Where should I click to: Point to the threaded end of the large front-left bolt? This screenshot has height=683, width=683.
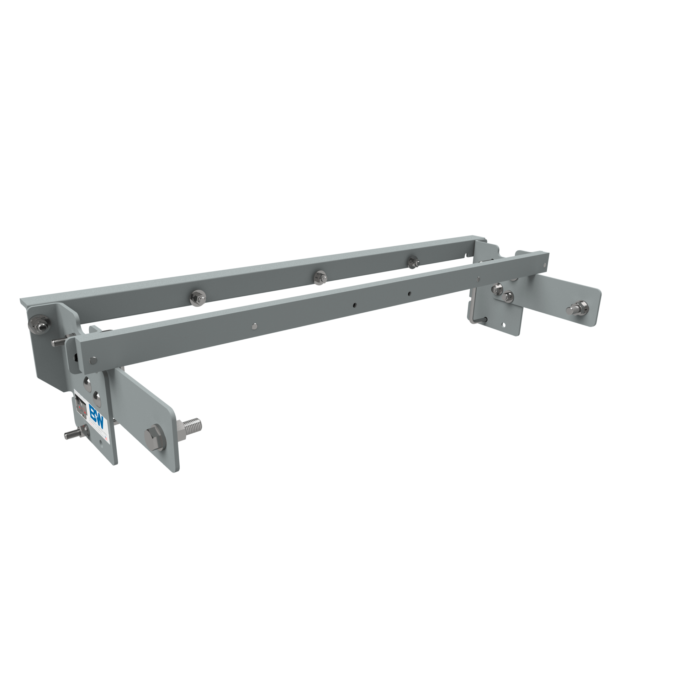pyautogui.click(x=192, y=424)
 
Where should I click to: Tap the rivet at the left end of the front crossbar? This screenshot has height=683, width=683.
pyautogui.click(x=93, y=360)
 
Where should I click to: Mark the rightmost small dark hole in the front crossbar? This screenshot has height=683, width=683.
pyautogui.click(x=409, y=293)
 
